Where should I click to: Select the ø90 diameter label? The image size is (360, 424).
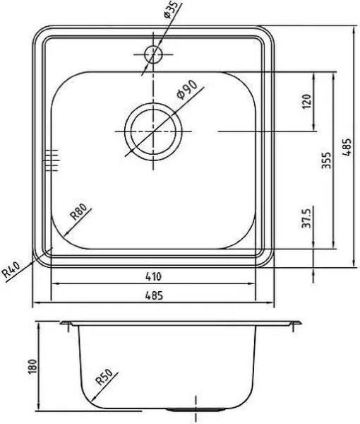pos(186,91)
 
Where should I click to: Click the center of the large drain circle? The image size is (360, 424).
pos(153,131)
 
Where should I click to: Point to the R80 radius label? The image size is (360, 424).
pos(79,213)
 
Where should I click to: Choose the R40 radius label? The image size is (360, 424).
pos(12,269)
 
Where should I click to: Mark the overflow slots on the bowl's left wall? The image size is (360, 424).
pos(51,160)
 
